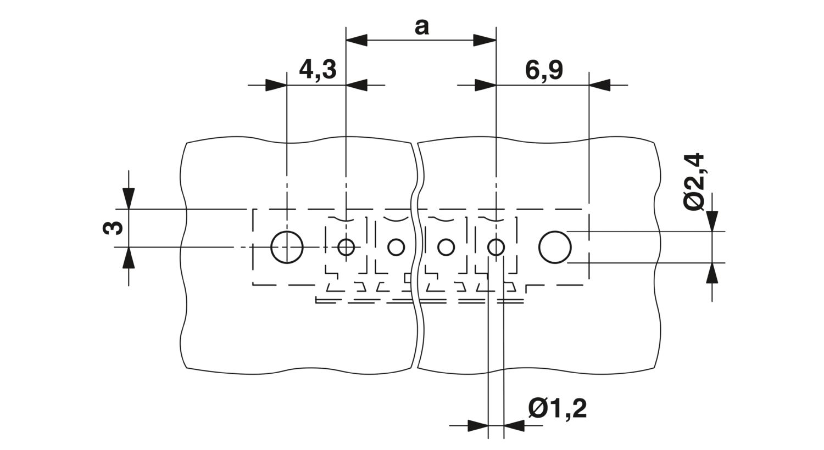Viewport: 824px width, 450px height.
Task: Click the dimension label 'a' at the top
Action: pyautogui.click(x=421, y=27)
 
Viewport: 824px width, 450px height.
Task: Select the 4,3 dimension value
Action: pyautogui.click(x=318, y=70)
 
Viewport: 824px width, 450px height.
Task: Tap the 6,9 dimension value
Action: pyautogui.click(x=544, y=70)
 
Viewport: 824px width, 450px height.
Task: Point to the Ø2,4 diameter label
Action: pyautogui.click(x=694, y=182)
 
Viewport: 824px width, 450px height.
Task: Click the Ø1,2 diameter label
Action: pyautogui.click(x=558, y=409)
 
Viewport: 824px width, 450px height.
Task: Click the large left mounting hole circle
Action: pyautogui.click(x=287, y=247)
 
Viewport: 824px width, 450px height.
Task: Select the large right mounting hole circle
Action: pyautogui.click(x=555, y=247)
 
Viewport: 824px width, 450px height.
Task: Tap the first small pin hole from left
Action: pyautogui.click(x=346, y=247)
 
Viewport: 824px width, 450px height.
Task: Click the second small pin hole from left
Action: pyautogui.click(x=396, y=247)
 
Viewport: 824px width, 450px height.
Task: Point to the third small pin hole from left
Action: pyautogui.click(x=446, y=247)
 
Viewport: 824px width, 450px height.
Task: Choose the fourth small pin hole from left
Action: pyautogui.click(x=496, y=247)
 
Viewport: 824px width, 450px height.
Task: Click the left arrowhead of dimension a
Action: pyautogui.click(x=357, y=40)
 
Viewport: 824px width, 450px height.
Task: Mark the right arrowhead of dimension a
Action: pyautogui.click(x=485, y=40)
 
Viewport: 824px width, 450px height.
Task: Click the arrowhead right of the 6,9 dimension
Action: pyautogui.click(x=600, y=85)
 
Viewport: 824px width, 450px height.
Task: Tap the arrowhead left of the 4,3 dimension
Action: pyautogui.click(x=276, y=85)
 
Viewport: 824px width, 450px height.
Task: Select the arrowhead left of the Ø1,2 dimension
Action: pyautogui.click(x=478, y=426)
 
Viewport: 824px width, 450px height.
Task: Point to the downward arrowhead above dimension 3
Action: pyautogui.click(x=129, y=199)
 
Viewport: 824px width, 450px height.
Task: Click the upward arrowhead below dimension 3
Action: pyautogui.click(x=129, y=258)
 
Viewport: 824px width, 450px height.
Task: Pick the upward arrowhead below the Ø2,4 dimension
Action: pyautogui.click(x=712, y=273)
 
